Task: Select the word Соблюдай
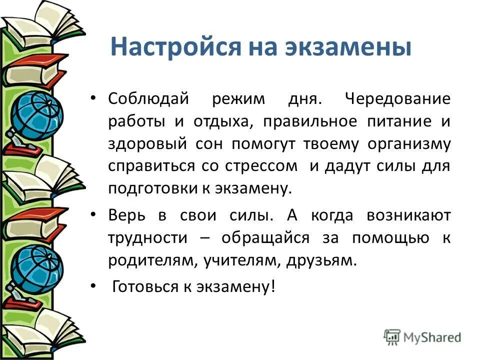click(148, 99)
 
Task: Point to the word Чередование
click(397, 99)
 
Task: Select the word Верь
click(124, 216)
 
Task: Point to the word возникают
click(408, 216)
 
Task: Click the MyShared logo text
click(433, 336)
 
